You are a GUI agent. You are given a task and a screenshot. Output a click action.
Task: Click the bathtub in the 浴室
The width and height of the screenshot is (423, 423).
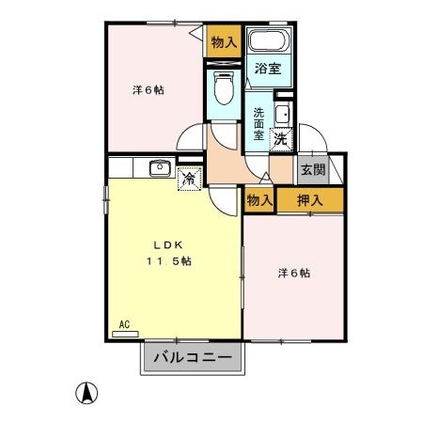(268, 42)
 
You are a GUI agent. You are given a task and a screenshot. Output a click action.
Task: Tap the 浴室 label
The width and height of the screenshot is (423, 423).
(268, 68)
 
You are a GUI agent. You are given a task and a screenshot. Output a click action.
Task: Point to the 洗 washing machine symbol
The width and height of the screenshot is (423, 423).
(279, 139)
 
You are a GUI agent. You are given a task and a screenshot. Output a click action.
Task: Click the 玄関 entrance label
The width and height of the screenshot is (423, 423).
(312, 170)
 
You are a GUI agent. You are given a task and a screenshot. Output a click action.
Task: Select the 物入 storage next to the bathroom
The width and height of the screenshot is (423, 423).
(223, 42)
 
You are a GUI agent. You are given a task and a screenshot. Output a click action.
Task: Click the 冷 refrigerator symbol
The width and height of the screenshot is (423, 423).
(189, 176)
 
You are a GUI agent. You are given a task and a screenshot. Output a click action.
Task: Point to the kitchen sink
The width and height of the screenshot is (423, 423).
(158, 168)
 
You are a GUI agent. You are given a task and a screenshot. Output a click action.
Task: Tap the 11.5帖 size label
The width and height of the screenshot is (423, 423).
(168, 260)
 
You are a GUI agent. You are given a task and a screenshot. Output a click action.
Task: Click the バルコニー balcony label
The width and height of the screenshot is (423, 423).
(192, 358)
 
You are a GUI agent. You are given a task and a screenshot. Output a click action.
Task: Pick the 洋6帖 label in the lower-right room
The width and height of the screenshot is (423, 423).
(294, 273)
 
